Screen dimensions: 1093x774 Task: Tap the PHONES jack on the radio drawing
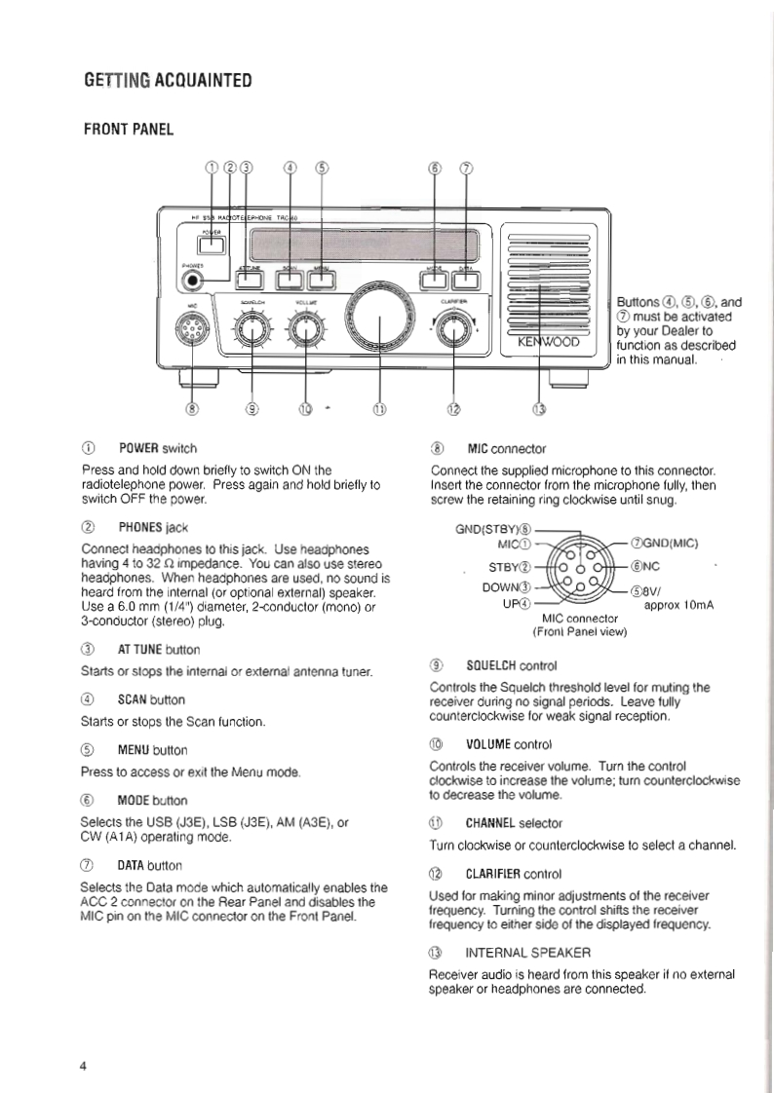195,280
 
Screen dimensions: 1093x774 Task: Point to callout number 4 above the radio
290,167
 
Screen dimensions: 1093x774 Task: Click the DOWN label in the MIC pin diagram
505,587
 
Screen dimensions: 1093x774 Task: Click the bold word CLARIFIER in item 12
500,874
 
